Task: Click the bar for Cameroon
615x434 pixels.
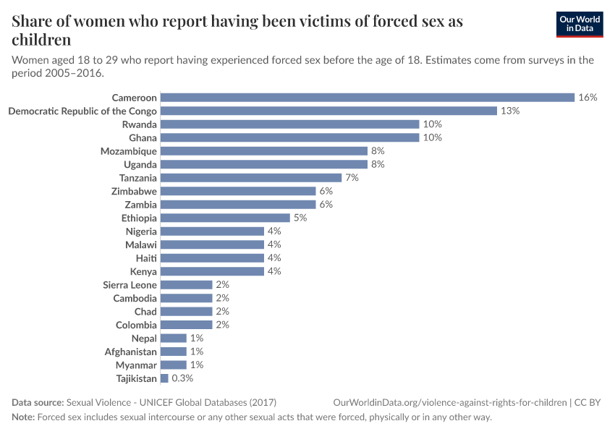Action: pos(367,98)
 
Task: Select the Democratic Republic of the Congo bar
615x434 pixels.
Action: pos(328,111)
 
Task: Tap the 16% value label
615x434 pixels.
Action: pos(588,98)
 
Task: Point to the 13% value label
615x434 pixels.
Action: pos(510,111)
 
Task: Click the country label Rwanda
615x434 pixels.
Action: pos(139,124)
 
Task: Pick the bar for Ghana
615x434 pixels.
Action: pos(289,137)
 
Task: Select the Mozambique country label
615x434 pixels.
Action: pos(128,151)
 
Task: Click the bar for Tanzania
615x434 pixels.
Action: pos(250,178)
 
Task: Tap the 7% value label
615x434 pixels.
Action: pos(352,178)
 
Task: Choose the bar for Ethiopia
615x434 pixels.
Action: pos(224,218)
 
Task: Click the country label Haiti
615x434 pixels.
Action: pos(146,258)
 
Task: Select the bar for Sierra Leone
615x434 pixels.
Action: pos(186,285)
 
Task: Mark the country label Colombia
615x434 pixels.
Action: pos(136,325)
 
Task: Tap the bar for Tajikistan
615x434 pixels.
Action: pos(164,378)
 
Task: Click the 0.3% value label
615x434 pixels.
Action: pos(182,378)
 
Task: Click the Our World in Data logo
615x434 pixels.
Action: pos(579,24)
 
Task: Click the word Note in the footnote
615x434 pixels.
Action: pos(23,417)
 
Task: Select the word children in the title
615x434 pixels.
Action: pos(41,40)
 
